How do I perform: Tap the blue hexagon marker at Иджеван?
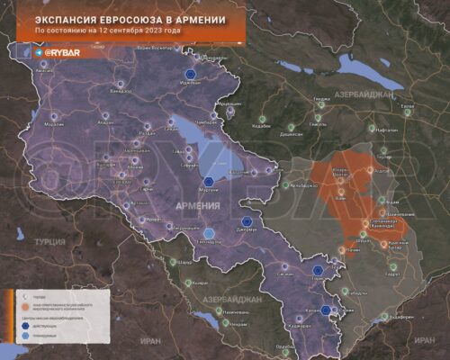tap(190, 75)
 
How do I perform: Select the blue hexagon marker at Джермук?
tap(247, 221)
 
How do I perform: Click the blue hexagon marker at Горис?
tap(318, 269)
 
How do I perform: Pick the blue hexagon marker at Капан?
tap(336, 310)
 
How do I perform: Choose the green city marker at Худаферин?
tap(385, 316)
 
